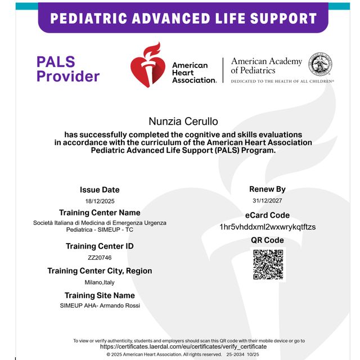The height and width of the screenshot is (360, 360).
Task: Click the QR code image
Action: tap(268, 264)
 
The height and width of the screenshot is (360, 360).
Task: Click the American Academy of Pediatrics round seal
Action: tap(320, 64)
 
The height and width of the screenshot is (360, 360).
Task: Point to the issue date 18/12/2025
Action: tap(100, 201)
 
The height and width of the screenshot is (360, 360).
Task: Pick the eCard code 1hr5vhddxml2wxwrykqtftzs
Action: tap(268, 227)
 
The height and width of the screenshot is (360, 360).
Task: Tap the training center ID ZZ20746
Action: tap(100, 258)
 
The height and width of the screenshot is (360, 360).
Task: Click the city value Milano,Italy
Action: tap(100, 282)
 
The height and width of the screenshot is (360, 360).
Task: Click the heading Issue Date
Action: tap(100, 190)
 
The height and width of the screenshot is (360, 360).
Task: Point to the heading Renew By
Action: tap(267, 189)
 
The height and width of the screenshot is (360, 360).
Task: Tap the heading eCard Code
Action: tap(267, 215)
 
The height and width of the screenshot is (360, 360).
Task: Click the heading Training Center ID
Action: tap(100, 246)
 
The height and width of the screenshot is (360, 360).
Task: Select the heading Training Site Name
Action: tap(100, 295)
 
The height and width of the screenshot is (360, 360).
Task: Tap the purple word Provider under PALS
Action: tap(68, 76)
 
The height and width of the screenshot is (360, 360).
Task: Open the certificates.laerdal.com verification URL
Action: tap(183, 347)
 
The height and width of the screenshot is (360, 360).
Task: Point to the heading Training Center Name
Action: tap(100, 213)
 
